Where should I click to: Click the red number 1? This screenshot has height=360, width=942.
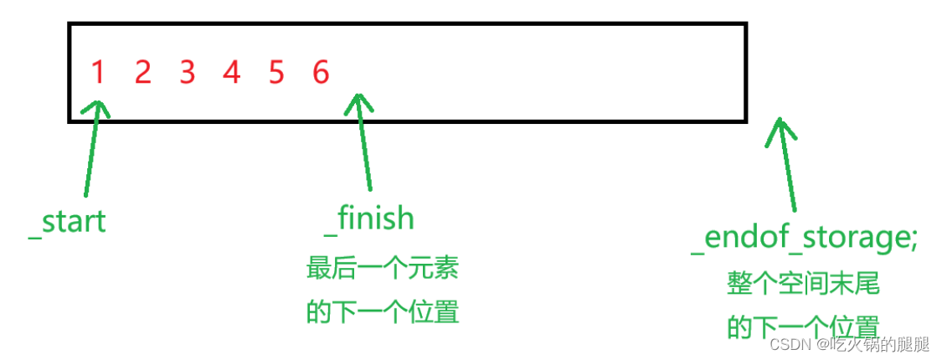(98, 73)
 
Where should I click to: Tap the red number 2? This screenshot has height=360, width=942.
(142, 73)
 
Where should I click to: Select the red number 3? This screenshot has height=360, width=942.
(187, 73)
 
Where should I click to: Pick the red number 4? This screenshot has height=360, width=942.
(232, 73)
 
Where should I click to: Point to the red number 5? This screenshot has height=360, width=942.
(276, 73)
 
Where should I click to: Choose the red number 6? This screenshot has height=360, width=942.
(321, 73)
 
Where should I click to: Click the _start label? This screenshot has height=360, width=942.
(67, 223)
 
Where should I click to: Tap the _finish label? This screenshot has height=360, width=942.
(369, 219)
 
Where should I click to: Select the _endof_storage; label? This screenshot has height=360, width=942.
(805, 238)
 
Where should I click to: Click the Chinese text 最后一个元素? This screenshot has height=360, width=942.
(383, 270)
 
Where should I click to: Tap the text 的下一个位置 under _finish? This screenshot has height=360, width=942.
(383, 312)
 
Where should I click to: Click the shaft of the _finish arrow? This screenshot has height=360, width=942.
(365, 151)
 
